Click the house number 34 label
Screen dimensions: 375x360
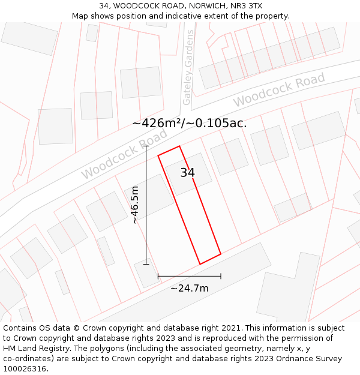point(187,173)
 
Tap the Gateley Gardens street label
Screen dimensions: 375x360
point(188,67)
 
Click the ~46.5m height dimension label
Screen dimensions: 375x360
point(135,205)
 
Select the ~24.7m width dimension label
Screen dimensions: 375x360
point(190,288)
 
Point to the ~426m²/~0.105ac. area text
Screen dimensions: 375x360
point(190,124)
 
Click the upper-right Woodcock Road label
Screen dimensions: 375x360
point(279,90)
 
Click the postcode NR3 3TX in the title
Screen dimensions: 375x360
point(247,6)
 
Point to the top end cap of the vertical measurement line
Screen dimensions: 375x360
point(146,146)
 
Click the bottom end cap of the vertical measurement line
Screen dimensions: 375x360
point(146,264)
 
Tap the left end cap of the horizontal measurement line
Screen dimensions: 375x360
point(158,276)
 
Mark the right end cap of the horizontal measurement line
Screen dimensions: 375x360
point(221,276)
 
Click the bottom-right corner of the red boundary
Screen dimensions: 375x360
point(221,254)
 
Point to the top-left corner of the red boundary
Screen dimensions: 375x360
point(158,156)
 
